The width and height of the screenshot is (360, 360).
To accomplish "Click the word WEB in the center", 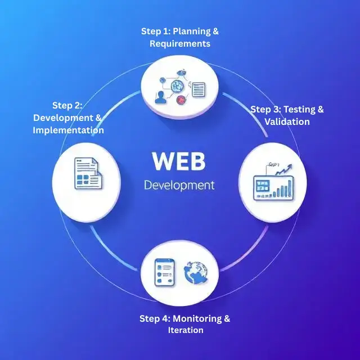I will [179, 161].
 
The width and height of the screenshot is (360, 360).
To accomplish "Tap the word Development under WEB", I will [179, 185].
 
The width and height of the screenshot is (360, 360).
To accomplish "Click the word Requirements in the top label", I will [179, 43].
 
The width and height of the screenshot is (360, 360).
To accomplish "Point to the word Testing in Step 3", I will [299, 110].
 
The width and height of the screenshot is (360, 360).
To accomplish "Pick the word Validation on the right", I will [287, 121].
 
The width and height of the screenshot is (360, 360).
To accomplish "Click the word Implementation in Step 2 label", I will [68, 130].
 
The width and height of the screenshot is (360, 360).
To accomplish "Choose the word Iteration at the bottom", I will [185, 330].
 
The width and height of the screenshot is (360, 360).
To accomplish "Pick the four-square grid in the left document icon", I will [84, 181].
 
